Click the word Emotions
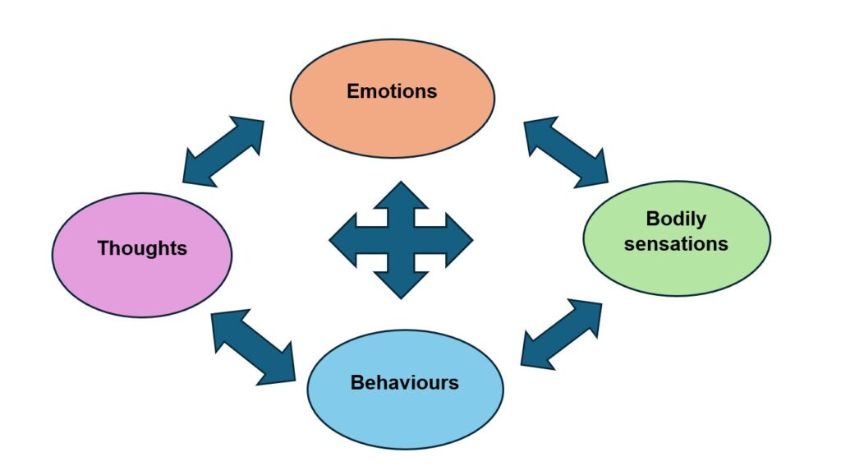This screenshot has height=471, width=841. [392, 91]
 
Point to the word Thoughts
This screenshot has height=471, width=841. [142, 248]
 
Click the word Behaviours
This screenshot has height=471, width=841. [404, 383]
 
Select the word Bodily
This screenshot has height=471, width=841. [676, 219]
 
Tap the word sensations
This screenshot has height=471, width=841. [676, 244]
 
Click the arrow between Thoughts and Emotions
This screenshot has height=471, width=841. [224, 151]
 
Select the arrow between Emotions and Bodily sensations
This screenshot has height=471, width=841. [565, 150]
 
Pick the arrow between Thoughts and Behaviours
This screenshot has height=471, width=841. [253, 346]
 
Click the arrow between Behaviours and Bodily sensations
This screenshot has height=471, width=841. [561, 334]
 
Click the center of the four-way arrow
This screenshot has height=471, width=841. [401, 240]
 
